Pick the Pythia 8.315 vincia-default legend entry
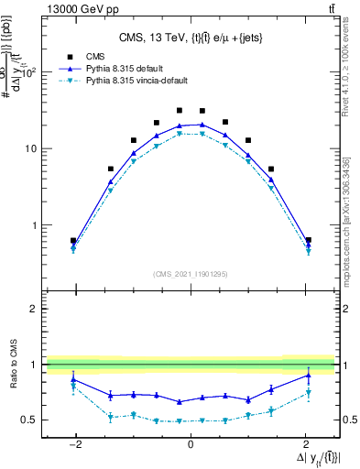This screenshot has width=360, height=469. click(137, 81)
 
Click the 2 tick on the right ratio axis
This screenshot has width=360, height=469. click(345, 310)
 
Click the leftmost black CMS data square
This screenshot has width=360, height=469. click(73, 241)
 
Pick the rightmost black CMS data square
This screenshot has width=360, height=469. click(308, 240)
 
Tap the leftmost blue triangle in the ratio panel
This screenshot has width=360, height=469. click(73, 378)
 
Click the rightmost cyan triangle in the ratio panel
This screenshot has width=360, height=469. click(308, 393)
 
